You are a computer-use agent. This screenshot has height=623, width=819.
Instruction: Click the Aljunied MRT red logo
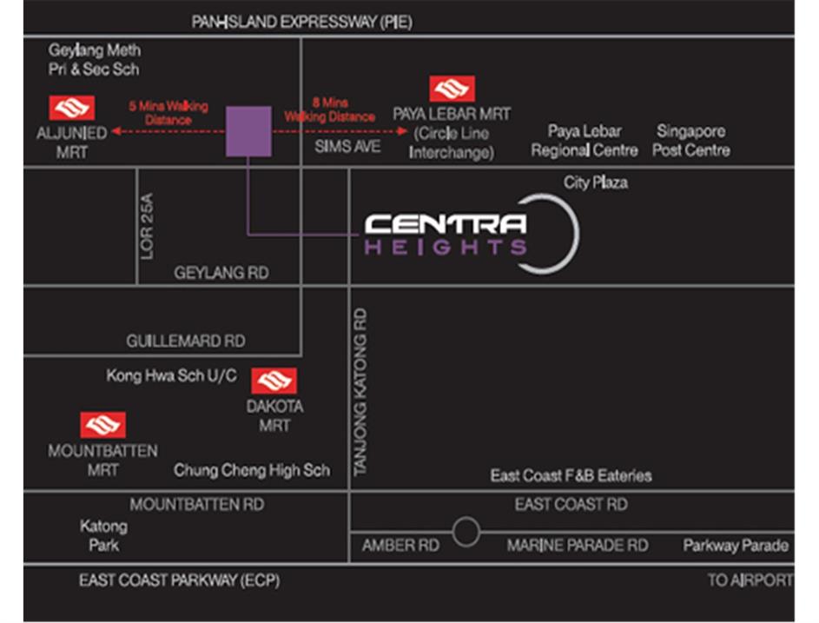72,108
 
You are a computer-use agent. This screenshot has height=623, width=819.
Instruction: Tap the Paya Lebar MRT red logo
452,89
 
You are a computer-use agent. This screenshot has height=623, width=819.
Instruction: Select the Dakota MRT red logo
274,381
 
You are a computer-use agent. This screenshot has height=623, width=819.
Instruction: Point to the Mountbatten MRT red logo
103,426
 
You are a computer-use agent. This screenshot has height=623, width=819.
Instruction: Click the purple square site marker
248,131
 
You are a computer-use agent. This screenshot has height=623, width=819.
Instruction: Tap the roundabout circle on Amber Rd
466,532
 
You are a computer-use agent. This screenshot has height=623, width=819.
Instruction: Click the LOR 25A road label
148,226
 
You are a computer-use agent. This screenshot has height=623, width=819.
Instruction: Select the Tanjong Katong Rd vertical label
361,391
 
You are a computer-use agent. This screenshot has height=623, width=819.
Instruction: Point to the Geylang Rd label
221,273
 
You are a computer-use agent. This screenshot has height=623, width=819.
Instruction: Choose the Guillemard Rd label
186,341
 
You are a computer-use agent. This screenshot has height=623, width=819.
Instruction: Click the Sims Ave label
347,147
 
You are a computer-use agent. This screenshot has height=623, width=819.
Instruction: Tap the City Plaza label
596,182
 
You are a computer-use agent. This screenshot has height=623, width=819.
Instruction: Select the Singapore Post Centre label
691,141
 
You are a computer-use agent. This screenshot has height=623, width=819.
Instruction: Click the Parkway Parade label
736,546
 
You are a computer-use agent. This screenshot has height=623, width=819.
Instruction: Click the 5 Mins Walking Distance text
168,113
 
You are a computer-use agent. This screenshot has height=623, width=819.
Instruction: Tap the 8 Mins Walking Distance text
330,109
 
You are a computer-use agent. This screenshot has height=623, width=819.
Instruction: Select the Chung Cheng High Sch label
252,470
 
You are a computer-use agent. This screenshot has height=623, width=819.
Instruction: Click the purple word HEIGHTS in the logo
446,248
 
